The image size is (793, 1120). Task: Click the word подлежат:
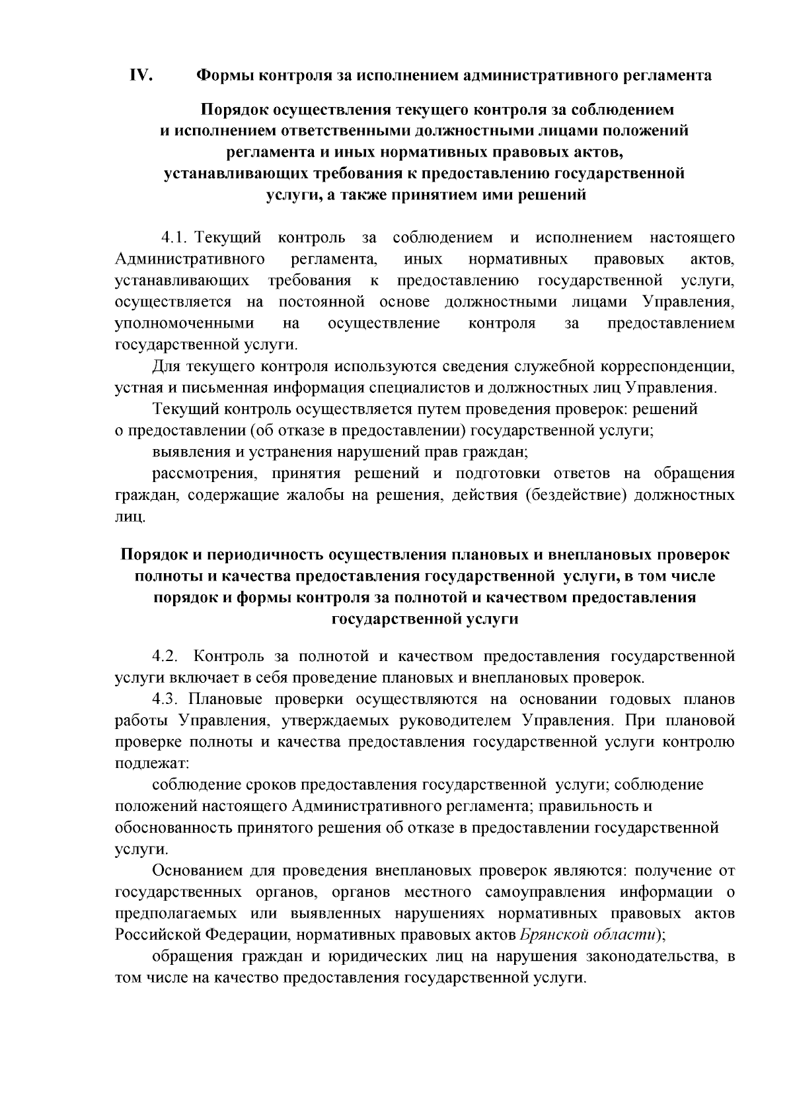click(x=152, y=763)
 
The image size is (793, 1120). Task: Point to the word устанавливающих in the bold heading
click(x=237, y=174)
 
